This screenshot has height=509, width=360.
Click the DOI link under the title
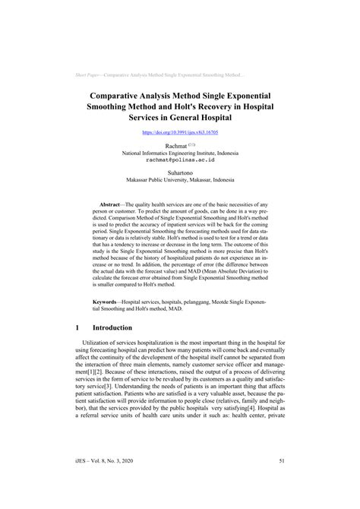click(x=180, y=132)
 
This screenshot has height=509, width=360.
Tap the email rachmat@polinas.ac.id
click(x=180, y=160)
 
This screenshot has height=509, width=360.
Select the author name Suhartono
click(x=180, y=173)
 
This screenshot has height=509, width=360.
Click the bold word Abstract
click(x=112, y=205)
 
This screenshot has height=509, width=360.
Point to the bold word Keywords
click(x=112, y=302)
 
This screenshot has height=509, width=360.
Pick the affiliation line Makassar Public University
click(x=180, y=181)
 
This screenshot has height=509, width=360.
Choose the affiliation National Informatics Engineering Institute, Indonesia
click(x=180, y=153)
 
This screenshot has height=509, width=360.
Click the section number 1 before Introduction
click(x=79, y=327)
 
